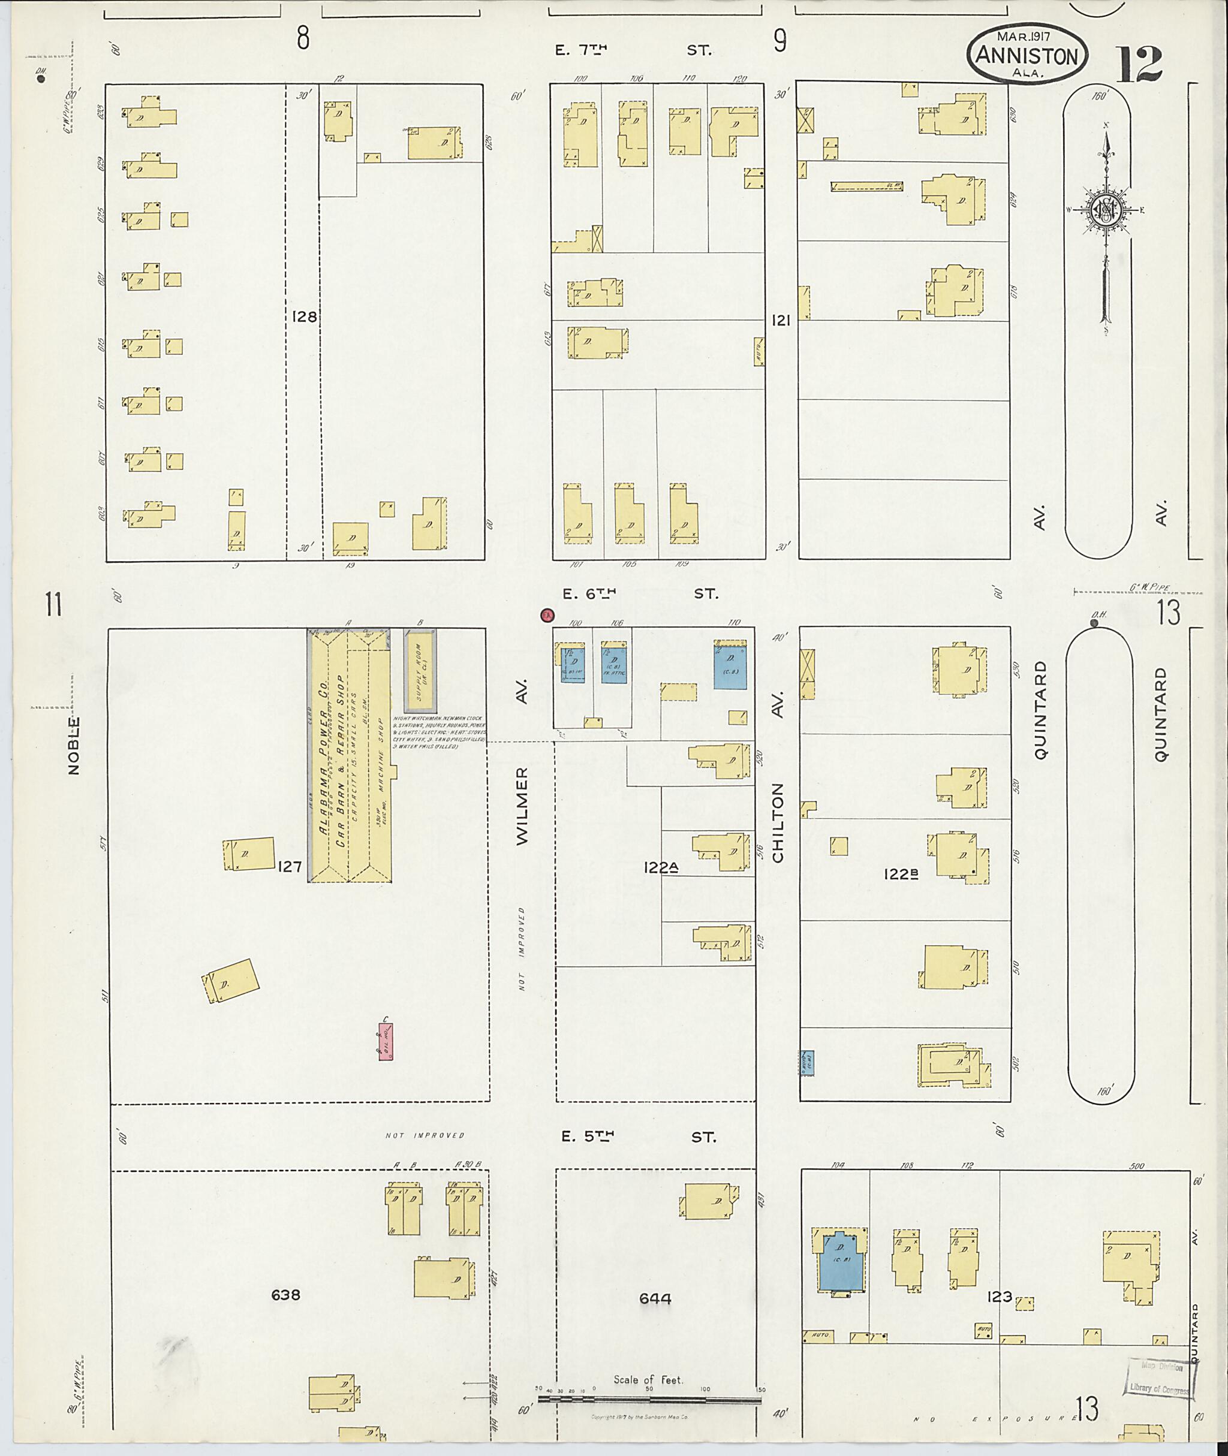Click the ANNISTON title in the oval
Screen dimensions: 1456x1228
pyautogui.click(x=1026, y=56)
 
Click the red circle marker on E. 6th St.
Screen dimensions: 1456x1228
pyautogui.click(x=547, y=615)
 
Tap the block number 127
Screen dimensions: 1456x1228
pyautogui.click(x=289, y=867)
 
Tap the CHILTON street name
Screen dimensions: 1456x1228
pyautogui.click(x=778, y=822)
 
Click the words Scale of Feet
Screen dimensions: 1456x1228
pyautogui.click(x=648, y=1379)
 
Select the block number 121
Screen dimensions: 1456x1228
pyautogui.click(x=781, y=320)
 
